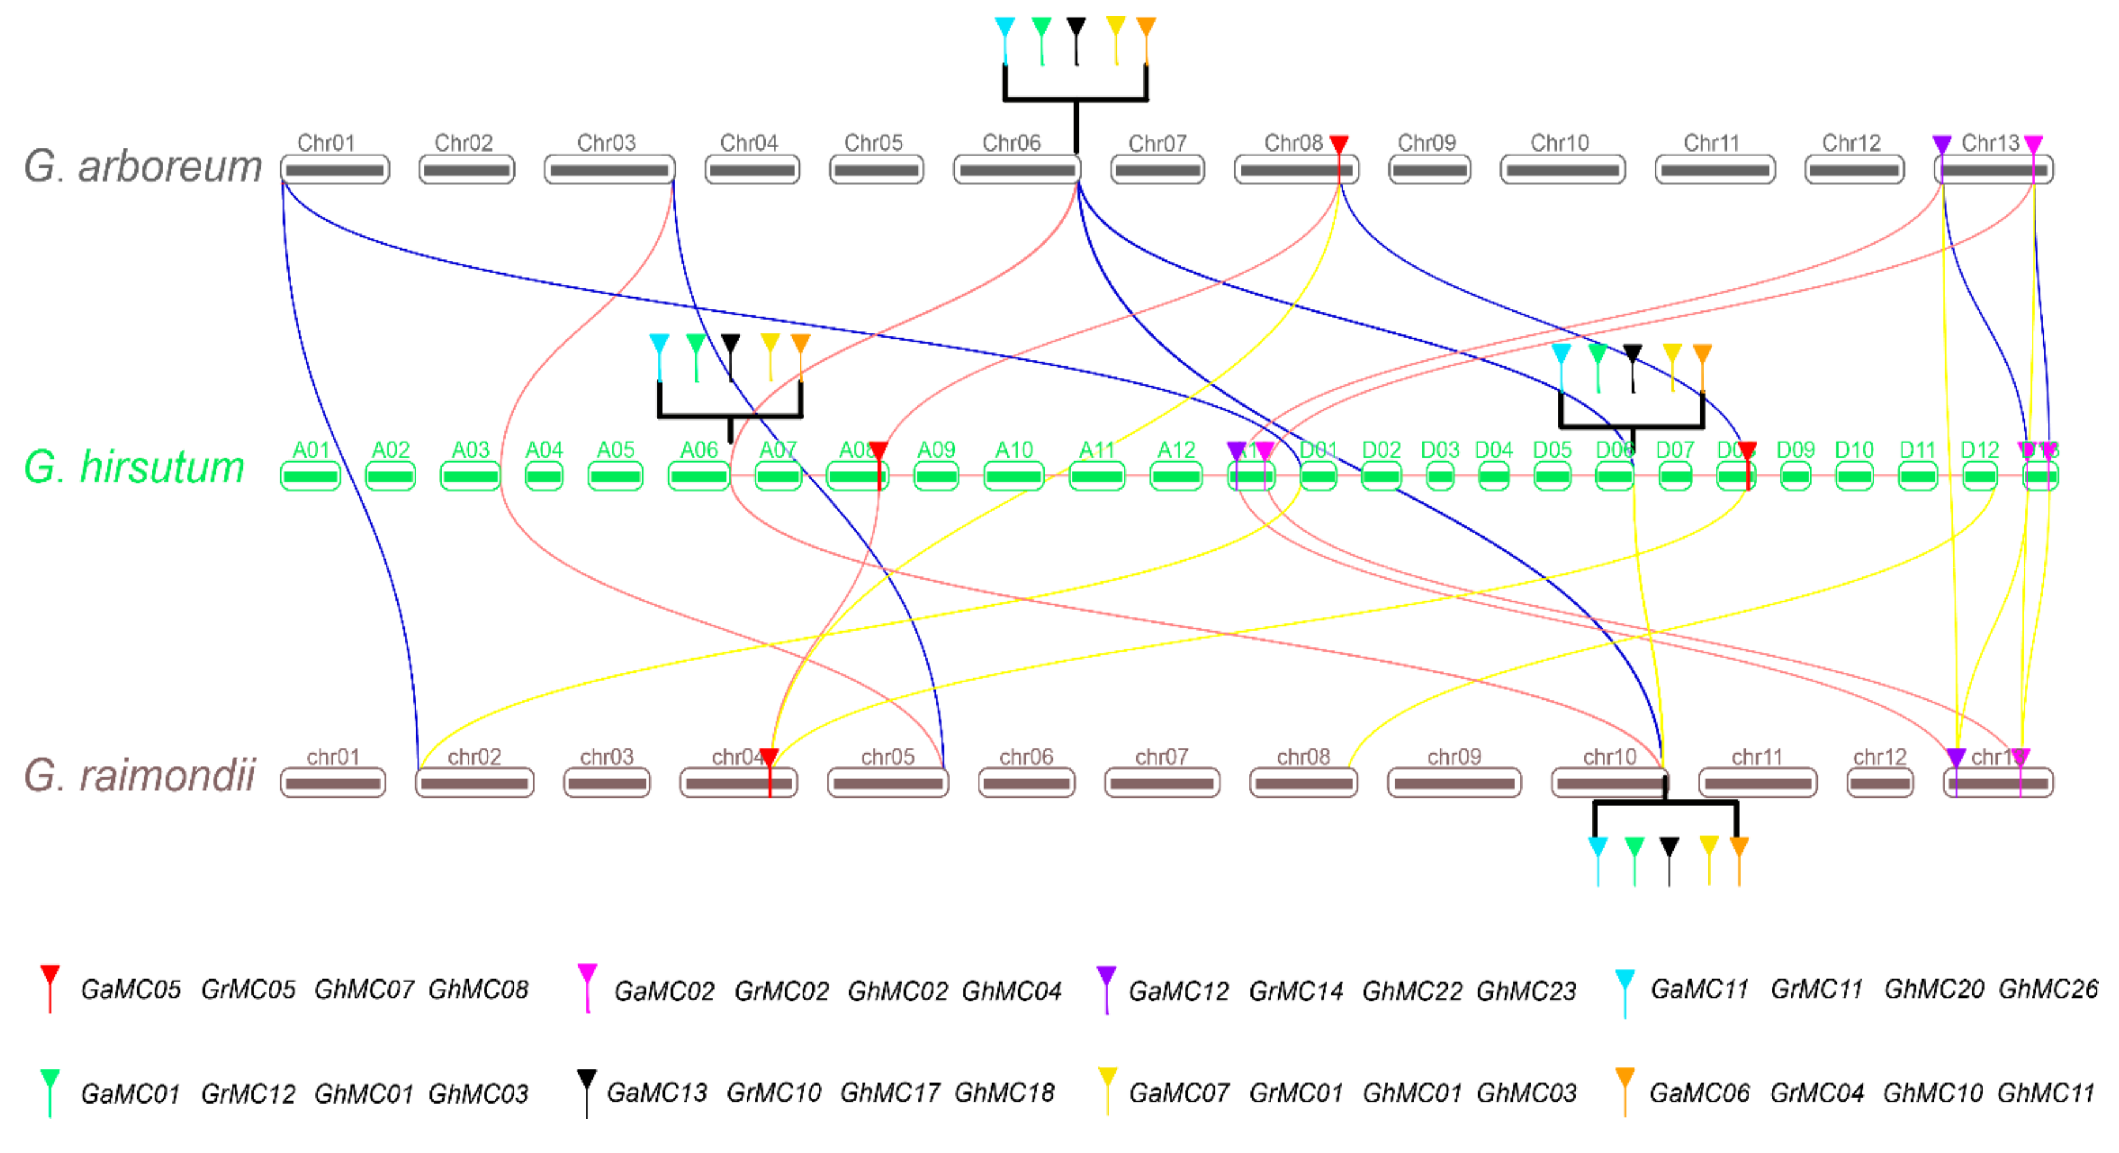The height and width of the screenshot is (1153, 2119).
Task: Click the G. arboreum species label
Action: (x=142, y=167)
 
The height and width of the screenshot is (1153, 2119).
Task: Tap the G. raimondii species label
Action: (x=140, y=775)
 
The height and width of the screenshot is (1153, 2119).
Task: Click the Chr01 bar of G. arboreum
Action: (x=335, y=170)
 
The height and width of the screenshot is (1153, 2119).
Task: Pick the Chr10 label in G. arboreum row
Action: (x=1560, y=143)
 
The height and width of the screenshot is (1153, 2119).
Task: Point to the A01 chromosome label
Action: (x=311, y=450)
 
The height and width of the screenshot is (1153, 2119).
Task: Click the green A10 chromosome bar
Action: (x=1015, y=476)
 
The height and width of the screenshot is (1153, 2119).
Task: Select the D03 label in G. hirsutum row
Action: (x=1440, y=450)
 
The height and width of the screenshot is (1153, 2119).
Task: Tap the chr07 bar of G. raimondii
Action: (x=1162, y=783)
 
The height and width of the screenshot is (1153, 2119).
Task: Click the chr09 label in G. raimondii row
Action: (x=1454, y=756)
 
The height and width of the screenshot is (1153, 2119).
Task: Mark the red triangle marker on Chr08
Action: (x=1339, y=145)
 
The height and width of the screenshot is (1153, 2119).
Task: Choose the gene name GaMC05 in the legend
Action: (x=131, y=989)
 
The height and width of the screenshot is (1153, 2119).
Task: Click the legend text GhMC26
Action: (x=2048, y=989)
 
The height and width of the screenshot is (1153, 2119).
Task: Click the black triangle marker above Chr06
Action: (x=1076, y=28)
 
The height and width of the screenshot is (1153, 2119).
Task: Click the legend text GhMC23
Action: (x=1526, y=991)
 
